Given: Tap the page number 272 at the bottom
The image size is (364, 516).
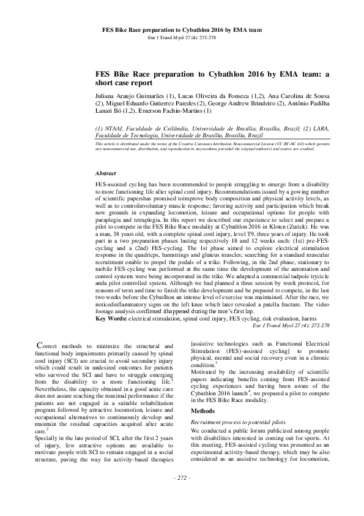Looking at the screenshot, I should coord(182,495).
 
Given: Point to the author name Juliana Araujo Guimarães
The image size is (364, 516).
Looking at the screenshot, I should coord(127,97).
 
